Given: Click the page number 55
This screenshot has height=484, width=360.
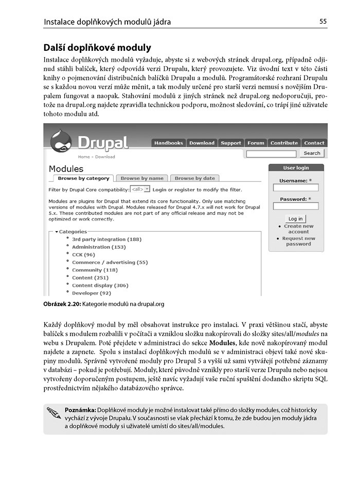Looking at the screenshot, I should pyautogui.click(x=323, y=22).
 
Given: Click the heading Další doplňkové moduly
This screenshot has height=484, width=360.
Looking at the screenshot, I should pyautogui.click(x=97, y=48).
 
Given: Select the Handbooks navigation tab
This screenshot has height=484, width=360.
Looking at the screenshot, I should pyautogui.click(x=168, y=143).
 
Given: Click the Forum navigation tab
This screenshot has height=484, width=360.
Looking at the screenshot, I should pyautogui.click(x=256, y=143).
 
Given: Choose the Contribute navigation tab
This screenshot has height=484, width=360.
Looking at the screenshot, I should pyautogui.click(x=284, y=143).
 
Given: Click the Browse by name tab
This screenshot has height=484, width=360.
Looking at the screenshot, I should pyautogui.click(x=142, y=178).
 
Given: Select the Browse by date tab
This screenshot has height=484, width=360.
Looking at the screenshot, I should pyautogui.click(x=194, y=178).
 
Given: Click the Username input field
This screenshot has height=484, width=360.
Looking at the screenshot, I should pyautogui.click(x=296, y=188).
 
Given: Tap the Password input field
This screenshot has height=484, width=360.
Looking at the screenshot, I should pyautogui.click(x=296, y=206).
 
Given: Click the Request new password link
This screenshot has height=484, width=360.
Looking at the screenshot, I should pyautogui.click(x=298, y=241).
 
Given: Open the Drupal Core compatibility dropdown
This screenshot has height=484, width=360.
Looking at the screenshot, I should pyautogui.click(x=140, y=189).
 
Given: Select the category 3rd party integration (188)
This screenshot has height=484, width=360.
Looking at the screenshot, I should pyautogui.click(x=106, y=239).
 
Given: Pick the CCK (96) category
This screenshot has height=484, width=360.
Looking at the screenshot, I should pyautogui.click(x=83, y=254).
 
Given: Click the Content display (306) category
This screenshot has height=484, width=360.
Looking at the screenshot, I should pyautogui.click(x=100, y=285).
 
